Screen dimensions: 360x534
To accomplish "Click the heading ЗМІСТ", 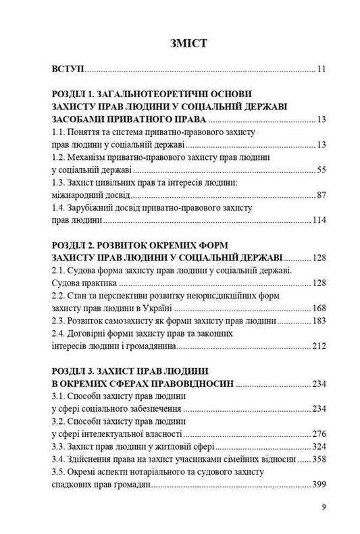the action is pos(180,43).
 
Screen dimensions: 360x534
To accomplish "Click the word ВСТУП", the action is pos(67,69).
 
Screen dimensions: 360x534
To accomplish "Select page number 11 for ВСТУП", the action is pos(322,69).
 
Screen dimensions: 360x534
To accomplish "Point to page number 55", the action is pos(322,169).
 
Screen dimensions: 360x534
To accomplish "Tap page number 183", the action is pos(319,321).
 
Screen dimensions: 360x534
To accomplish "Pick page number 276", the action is pos(319,434).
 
